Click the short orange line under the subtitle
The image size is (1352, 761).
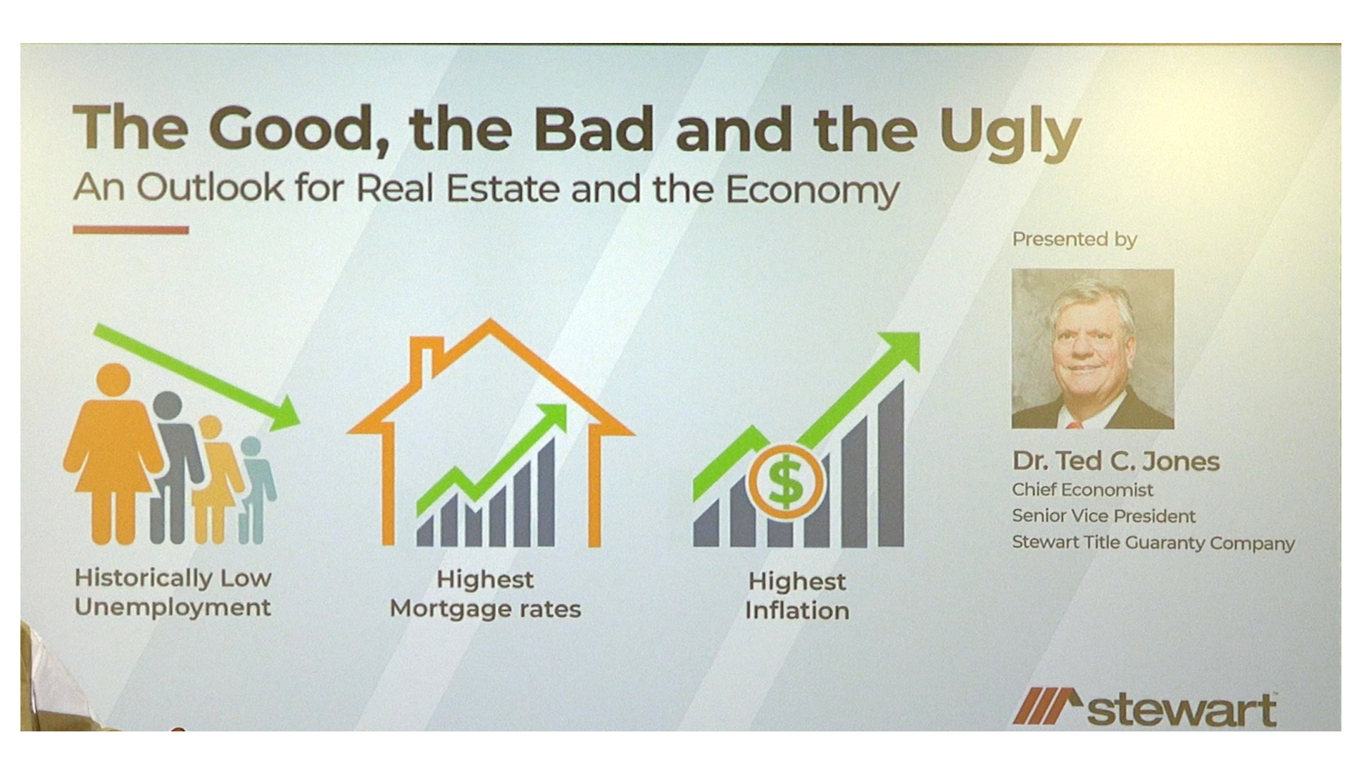point(131,230)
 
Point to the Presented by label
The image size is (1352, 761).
point(1075,240)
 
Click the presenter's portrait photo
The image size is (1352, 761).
point(1093,349)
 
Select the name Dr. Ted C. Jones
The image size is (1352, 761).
point(1116,461)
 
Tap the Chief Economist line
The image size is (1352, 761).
point(1082,490)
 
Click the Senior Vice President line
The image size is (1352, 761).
point(1103,516)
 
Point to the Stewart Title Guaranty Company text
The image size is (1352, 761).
point(1153,543)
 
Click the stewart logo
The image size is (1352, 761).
point(1145,707)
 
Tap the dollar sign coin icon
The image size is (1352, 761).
point(786,482)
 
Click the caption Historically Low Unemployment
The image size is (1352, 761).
point(173,593)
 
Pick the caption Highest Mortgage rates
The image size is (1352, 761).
point(485,594)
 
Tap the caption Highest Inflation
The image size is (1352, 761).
point(797,596)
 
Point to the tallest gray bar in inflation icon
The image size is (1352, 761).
point(891,464)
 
